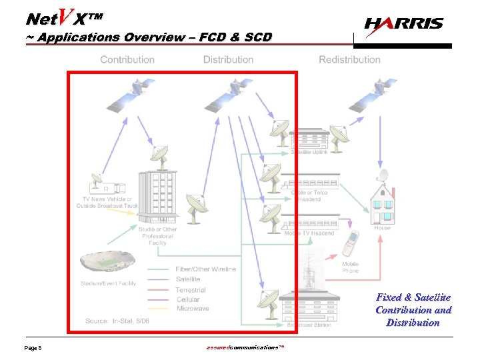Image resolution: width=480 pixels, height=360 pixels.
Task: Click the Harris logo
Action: pos(403,24)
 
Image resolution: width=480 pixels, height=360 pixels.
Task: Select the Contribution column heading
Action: pos(127,59)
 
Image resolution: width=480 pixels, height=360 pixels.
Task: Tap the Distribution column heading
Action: pos(229,59)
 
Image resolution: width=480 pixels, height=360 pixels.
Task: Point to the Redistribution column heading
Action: pos(349,59)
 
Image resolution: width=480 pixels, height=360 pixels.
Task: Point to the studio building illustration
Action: pos(157,194)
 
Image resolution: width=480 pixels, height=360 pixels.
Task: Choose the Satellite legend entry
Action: pos(188,279)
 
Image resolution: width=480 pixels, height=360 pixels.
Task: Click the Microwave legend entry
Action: pos(192,309)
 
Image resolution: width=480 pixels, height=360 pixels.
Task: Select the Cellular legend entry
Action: pos(188,299)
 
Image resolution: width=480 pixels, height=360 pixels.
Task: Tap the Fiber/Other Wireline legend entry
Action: pos(205,269)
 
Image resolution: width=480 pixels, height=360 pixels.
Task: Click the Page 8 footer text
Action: pos(33,349)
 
